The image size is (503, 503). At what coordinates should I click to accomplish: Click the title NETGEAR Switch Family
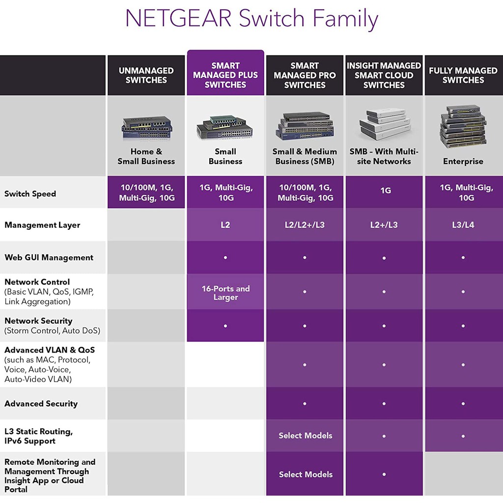[x=251, y=19]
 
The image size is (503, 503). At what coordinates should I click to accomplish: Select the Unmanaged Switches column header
[x=146, y=75]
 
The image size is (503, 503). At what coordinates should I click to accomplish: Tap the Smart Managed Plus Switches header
[x=225, y=75]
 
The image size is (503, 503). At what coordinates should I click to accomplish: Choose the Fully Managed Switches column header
[x=463, y=75]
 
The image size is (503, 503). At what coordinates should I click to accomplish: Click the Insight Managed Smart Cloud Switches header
[x=384, y=75]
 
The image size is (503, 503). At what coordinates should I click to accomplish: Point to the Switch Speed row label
[x=30, y=194]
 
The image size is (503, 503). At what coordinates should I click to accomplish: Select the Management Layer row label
[x=42, y=225]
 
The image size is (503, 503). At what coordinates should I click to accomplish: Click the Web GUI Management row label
[x=49, y=257]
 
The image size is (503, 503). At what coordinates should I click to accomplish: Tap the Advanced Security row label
[x=41, y=404]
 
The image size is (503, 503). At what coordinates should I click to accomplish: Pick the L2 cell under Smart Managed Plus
[x=225, y=225]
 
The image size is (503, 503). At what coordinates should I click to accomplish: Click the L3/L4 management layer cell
[x=463, y=225]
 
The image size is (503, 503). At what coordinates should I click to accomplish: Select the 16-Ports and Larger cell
[x=225, y=293]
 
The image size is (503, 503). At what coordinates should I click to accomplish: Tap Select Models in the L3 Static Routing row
[x=306, y=436]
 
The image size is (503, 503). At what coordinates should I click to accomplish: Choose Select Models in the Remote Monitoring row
[x=306, y=475]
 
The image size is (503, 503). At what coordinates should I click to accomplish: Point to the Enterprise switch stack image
[x=463, y=126]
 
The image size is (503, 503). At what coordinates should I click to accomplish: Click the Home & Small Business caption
[x=146, y=156]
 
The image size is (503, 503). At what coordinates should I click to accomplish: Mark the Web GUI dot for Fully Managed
[x=463, y=257]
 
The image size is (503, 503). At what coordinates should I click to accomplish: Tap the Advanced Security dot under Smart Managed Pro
[x=305, y=404]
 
